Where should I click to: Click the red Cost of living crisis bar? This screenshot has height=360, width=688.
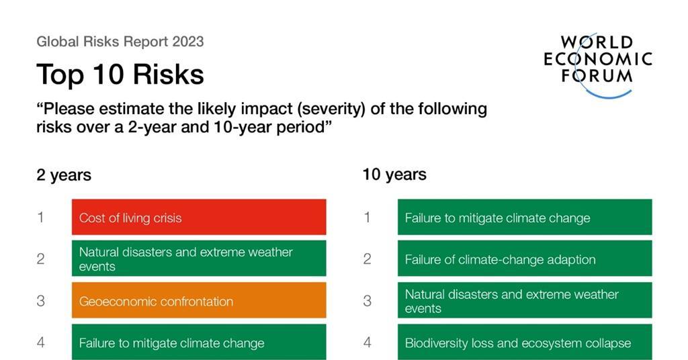coord(199,217)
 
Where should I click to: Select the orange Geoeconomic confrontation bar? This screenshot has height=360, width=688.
coord(199,300)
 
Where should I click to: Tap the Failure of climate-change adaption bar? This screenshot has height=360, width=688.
coord(524,259)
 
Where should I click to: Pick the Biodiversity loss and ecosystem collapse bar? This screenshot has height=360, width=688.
coord(524,342)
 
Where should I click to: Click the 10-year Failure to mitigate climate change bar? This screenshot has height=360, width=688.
coord(524,217)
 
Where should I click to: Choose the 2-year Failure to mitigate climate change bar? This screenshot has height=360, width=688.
coord(199,342)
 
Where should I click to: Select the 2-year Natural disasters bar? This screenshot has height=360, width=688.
coord(199,259)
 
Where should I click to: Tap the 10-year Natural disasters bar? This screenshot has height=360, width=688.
coord(524,300)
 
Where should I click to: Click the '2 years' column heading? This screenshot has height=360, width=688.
coord(64,175)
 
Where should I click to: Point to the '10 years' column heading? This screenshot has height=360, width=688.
coord(394,175)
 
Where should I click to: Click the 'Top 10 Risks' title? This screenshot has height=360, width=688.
coord(120,74)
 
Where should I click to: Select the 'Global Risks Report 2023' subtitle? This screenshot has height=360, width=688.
coord(120,42)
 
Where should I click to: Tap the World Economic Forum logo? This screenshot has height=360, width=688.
coord(597,64)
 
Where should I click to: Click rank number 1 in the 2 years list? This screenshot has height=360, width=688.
coord(40,217)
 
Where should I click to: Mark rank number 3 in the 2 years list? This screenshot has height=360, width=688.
coord(40,300)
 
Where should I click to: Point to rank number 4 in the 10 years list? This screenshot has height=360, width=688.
coord(367,342)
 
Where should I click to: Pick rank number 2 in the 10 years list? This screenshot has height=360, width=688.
coord(367,259)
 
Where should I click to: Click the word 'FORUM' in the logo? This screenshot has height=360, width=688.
coord(597,75)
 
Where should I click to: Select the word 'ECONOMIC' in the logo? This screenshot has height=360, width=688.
coord(597,58)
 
